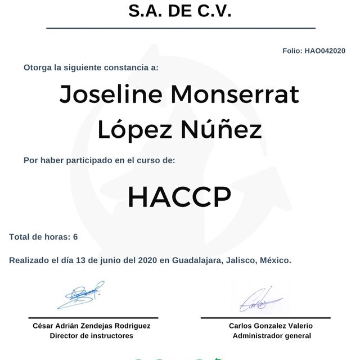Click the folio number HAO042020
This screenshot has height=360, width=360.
click(325, 51)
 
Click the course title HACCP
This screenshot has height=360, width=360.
click(179, 196)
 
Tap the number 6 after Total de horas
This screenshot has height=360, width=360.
click(75, 237)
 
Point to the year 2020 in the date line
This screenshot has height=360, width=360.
click(147, 260)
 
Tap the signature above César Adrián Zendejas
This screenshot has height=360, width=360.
click(80, 296)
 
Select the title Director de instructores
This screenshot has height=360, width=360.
click(92, 336)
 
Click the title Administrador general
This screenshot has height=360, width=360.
click(271, 336)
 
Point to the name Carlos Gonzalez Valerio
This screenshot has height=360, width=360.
click(271, 326)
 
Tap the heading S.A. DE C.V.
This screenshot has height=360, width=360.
click(180, 11)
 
